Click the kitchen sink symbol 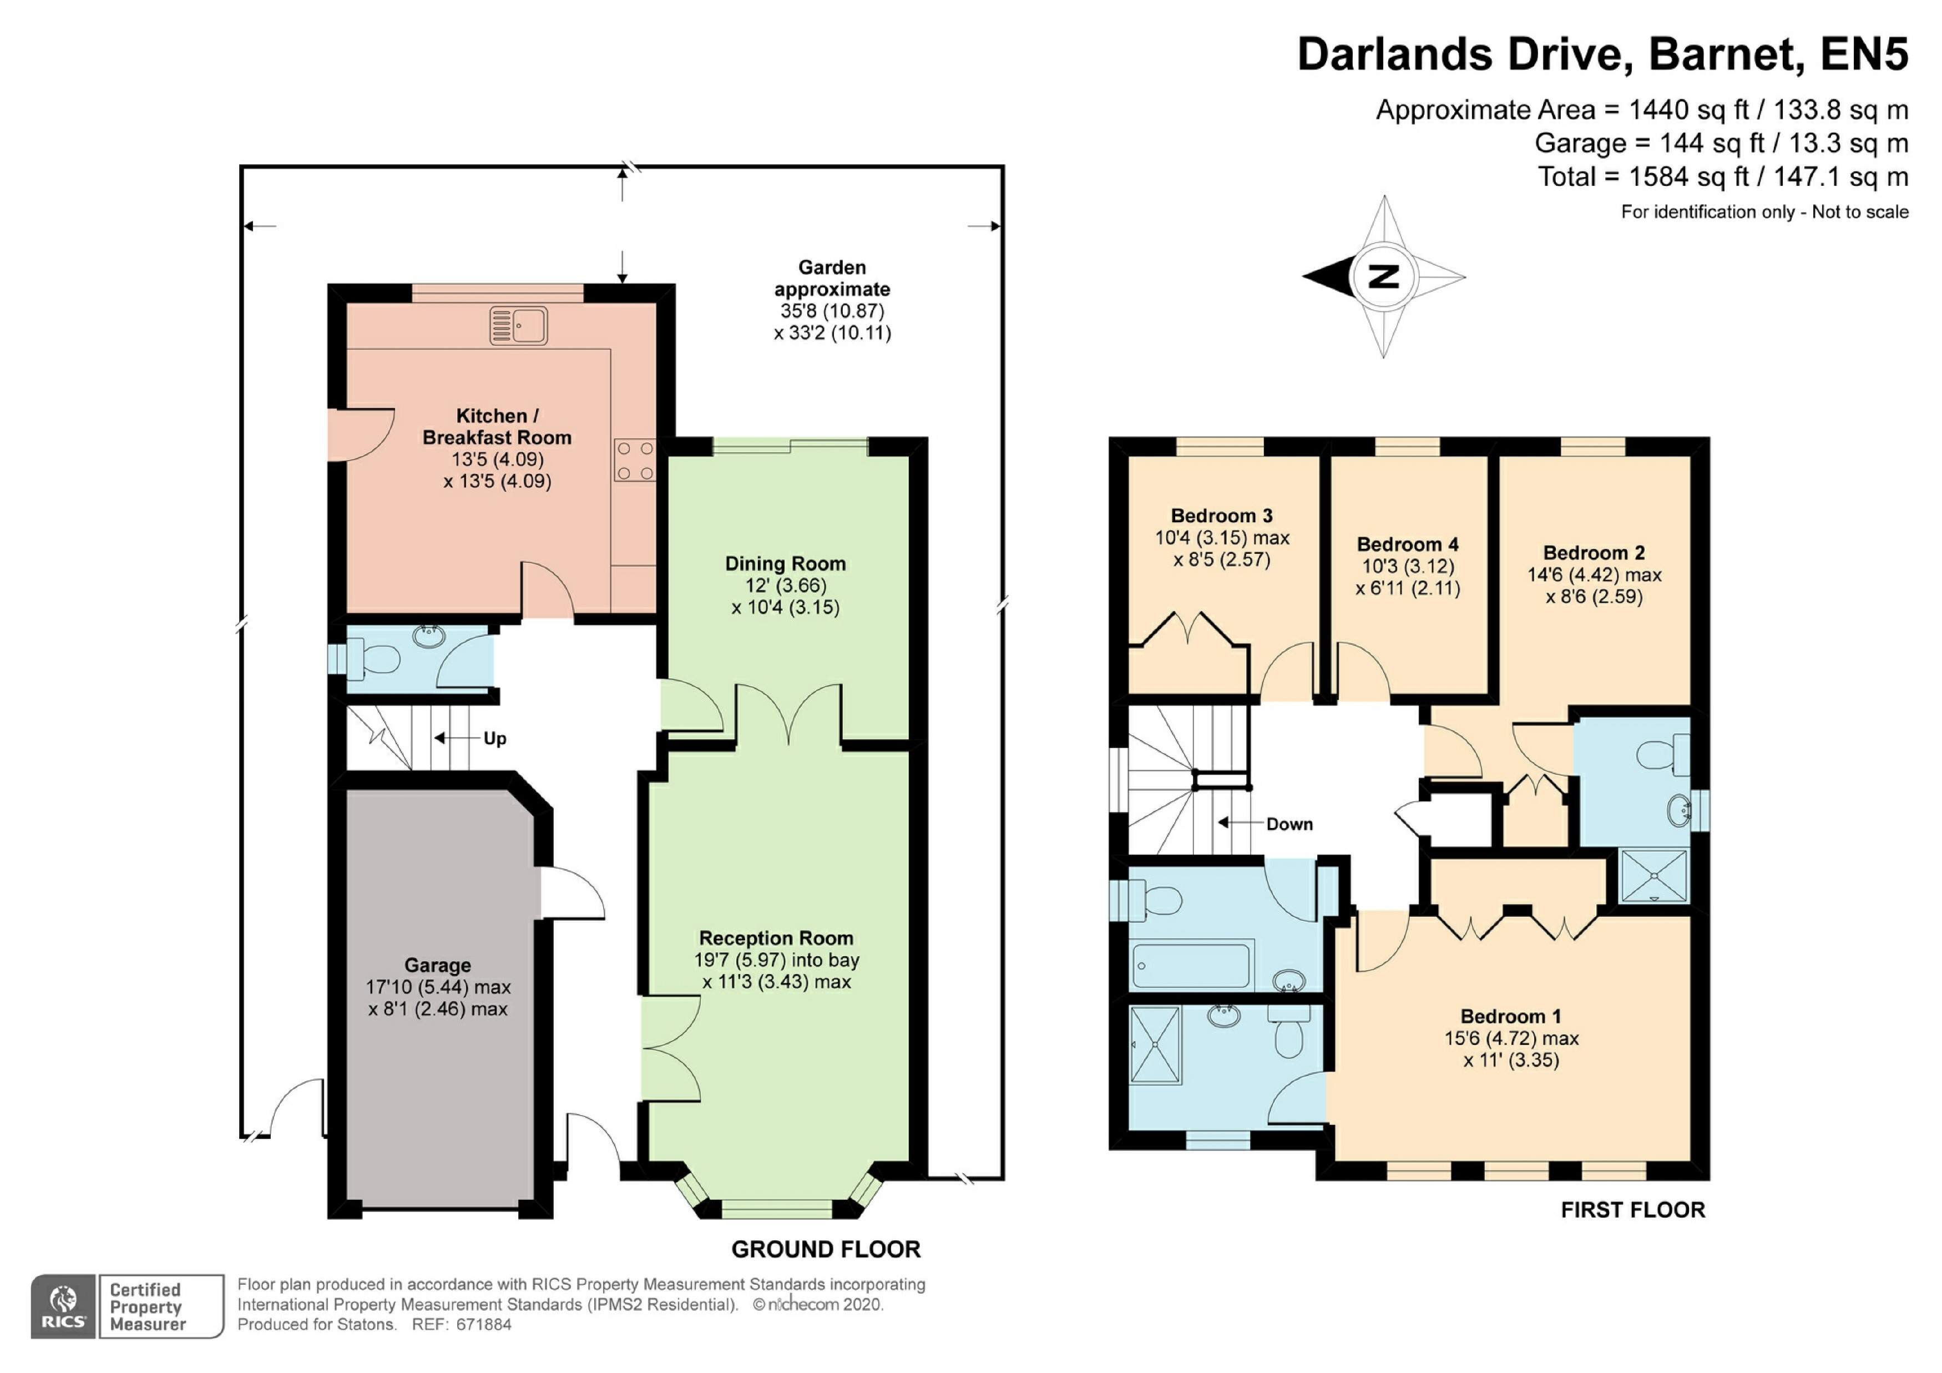518,326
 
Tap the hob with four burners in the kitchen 634,460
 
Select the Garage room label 437,965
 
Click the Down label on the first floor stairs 1289,824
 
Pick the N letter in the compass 1384,276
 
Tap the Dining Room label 785,563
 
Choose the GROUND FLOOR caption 826,1249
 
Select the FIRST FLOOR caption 1632,1210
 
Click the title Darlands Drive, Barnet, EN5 1603,54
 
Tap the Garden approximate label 832,279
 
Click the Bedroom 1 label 1511,1016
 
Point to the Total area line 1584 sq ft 1723,177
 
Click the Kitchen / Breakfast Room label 497,426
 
